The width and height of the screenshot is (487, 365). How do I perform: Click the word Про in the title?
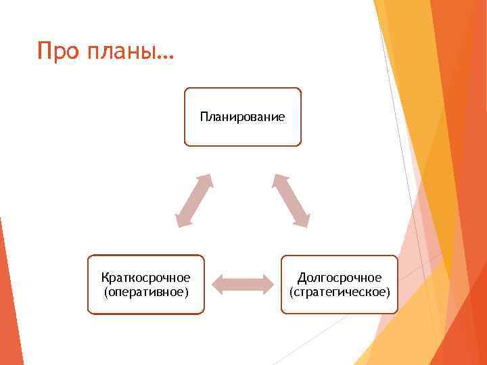pos(59,51)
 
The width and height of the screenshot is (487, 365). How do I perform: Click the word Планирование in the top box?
pos(242,117)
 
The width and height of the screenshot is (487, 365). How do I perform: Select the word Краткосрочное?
pos(145,278)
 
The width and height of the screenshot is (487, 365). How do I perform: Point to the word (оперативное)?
pos(145,292)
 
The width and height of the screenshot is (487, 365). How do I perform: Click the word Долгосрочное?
pos(340,278)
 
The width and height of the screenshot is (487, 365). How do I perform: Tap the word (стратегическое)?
pos(340,292)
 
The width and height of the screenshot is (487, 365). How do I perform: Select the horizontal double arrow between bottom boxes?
pos(242,285)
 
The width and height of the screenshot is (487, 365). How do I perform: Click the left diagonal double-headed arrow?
pos(193,200)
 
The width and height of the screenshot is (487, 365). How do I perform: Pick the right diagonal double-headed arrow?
pos(292,200)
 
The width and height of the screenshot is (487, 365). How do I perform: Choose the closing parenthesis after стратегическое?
pos(388,292)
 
